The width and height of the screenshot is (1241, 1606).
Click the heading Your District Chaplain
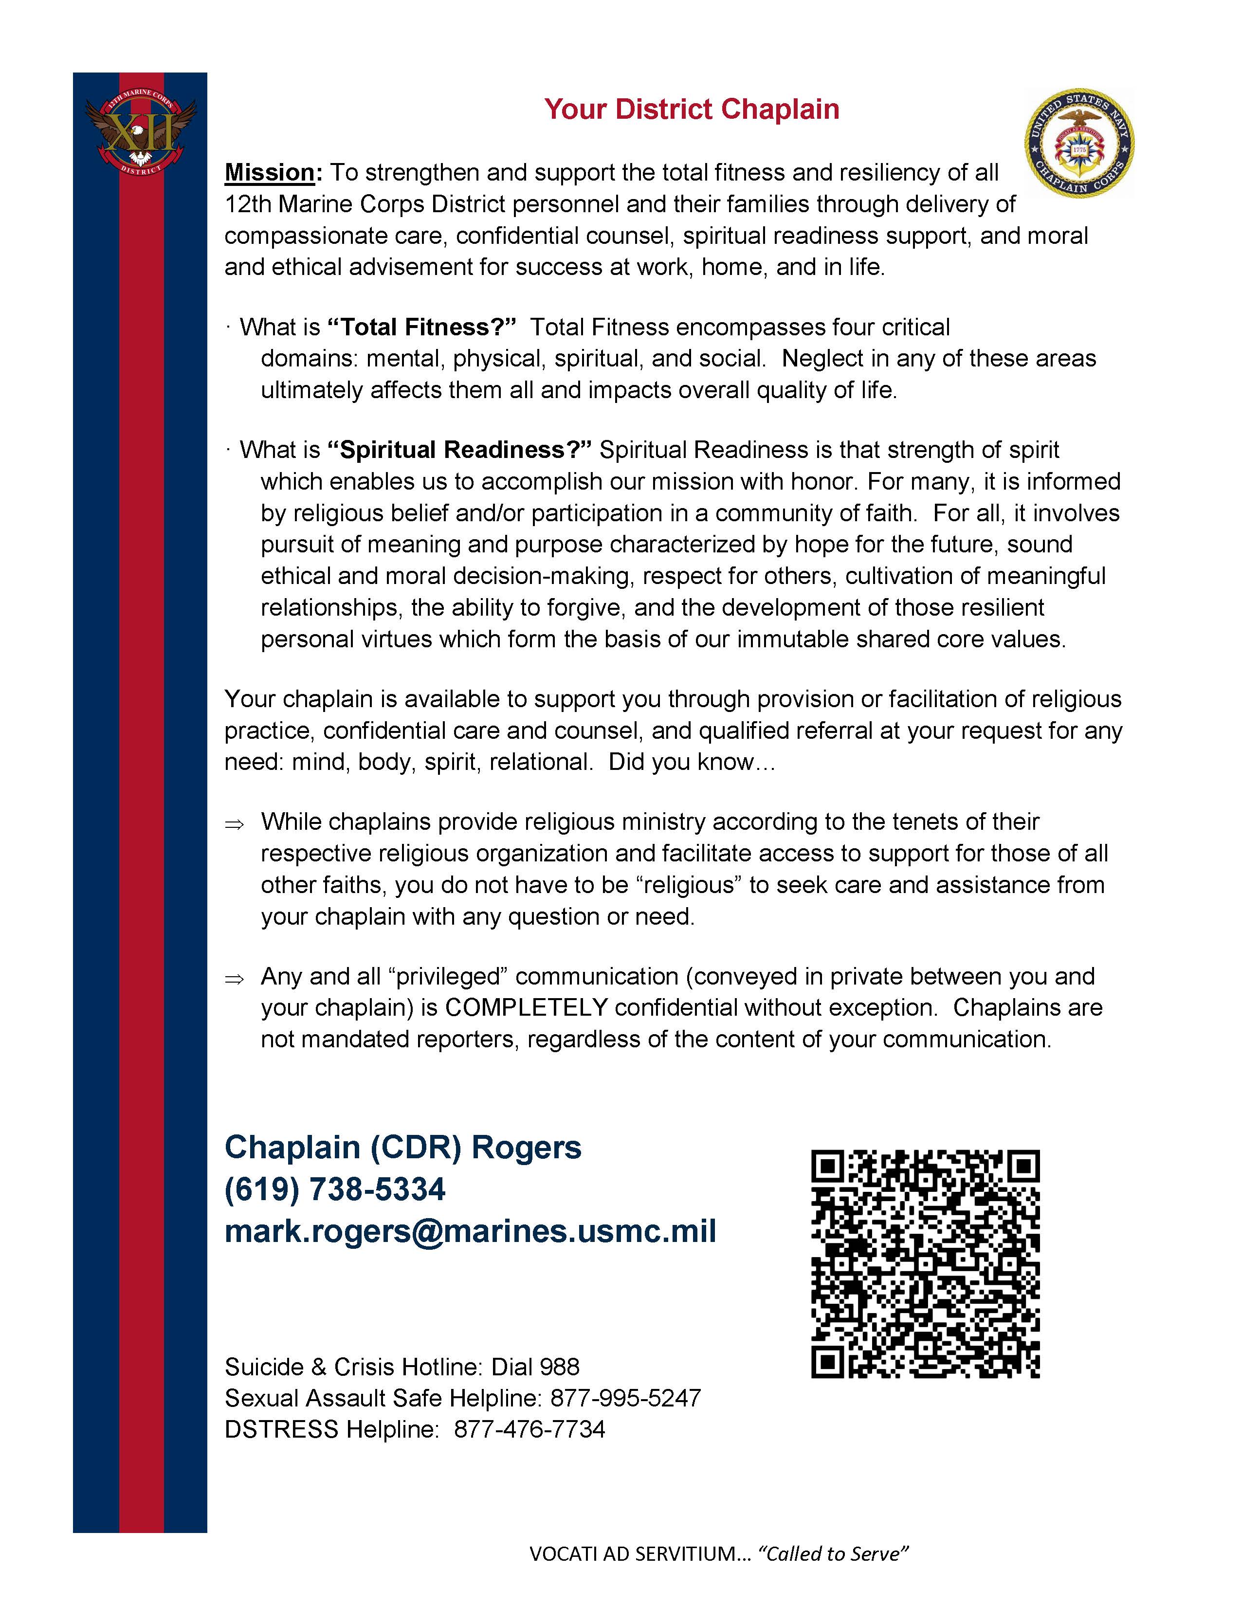pyautogui.click(x=691, y=109)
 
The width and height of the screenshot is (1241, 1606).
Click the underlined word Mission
pyautogui.click(x=270, y=173)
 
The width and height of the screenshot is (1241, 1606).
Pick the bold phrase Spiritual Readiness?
pyautogui.click(x=459, y=450)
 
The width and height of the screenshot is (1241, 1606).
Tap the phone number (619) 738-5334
pyautogui.click(x=334, y=1190)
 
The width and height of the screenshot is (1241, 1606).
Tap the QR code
pyautogui.click(x=925, y=1263)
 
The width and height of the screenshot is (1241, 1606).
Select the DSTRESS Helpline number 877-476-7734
pyautogui.click(x=529, y=1429)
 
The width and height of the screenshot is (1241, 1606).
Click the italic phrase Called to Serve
pyautogui.click(x=833, y=1554)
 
